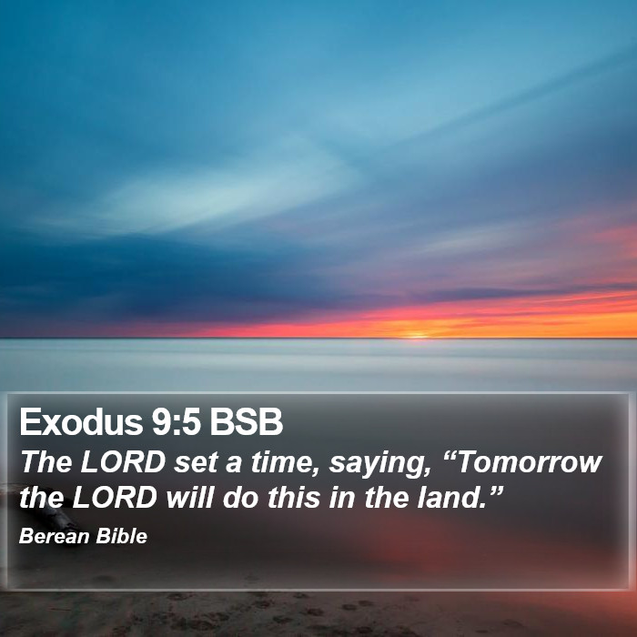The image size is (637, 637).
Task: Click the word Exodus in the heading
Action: [x=80, y=421]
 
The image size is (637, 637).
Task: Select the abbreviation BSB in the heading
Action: [x=246, y=421]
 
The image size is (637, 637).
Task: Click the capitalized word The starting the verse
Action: [x=45, y=462]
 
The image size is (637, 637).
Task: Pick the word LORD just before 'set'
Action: [x=122, y=462]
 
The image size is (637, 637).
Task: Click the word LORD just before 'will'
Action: [x=115, y=497]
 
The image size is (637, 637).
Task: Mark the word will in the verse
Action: [x=189, y=497]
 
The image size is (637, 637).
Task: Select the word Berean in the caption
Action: [x=54, y=536]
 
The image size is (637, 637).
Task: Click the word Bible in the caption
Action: [x=121, y=536]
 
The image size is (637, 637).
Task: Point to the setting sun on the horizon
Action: [x=416, y=336]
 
